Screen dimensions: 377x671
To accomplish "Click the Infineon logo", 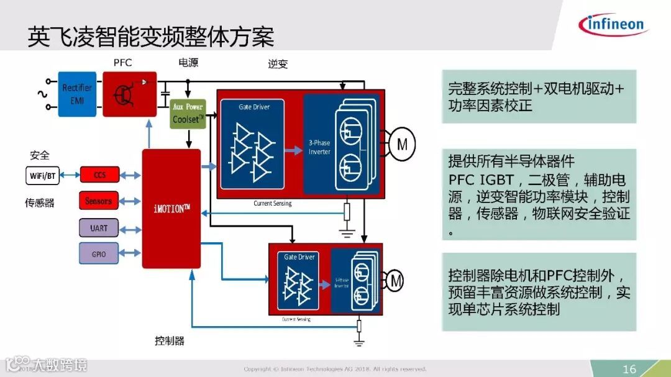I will (613, 25).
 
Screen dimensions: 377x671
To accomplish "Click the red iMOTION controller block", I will (171, 209).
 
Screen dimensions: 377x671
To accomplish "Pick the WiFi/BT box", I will (43, 176).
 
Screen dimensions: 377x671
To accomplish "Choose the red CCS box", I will (99, 175).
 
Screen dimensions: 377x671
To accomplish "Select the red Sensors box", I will (99, 201).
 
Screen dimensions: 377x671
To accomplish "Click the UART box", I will (99, 228).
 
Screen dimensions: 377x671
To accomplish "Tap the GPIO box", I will (99, 253).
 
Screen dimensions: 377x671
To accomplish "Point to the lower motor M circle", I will (396, 281).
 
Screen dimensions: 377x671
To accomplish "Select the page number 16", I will (629, 369).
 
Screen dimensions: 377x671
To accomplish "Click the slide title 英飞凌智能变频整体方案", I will (151, 37).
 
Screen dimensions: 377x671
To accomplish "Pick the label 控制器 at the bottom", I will (170, 340).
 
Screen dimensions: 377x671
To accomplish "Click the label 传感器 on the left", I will (40, 202).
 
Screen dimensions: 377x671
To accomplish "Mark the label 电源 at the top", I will (188, 63).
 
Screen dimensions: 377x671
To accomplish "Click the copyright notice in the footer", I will (335, 369).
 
